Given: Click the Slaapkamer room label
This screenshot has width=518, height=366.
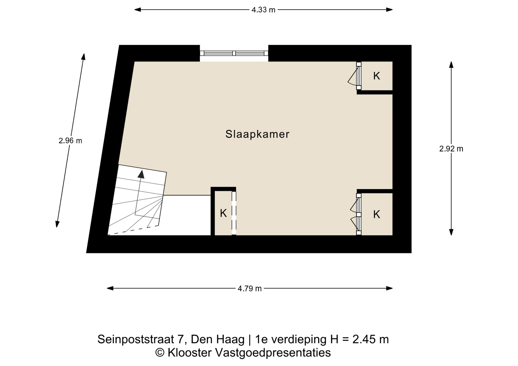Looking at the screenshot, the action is [257, 134].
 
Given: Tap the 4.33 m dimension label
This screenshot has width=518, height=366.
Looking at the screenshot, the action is [263, 10].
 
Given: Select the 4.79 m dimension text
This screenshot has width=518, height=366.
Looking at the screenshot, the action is [250, 289].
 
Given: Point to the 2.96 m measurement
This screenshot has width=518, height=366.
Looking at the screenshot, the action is [70, 141].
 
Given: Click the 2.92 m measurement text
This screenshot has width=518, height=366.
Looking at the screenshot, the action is [451, 149].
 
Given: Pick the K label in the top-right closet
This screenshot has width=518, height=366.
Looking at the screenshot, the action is [377, 76].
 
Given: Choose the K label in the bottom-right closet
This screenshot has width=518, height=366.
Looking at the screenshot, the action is [377, 215].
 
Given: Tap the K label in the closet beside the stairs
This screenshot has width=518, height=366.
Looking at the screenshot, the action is [223, 213].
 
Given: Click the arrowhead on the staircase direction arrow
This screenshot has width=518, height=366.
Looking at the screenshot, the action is [141, 174].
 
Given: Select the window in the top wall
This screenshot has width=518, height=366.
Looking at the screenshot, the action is [234, 53].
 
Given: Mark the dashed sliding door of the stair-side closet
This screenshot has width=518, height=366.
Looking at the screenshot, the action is [234, 213].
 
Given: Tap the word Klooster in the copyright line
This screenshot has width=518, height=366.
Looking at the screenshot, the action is [190, 353].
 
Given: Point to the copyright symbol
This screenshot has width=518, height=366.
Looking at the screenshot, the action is [160, 353].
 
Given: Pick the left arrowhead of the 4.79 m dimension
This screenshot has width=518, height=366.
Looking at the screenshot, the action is [110, 288].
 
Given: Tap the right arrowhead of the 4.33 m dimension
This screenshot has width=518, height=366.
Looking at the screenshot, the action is [389, 10].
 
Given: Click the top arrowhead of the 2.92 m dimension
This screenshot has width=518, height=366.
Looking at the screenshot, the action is [451, 65].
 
